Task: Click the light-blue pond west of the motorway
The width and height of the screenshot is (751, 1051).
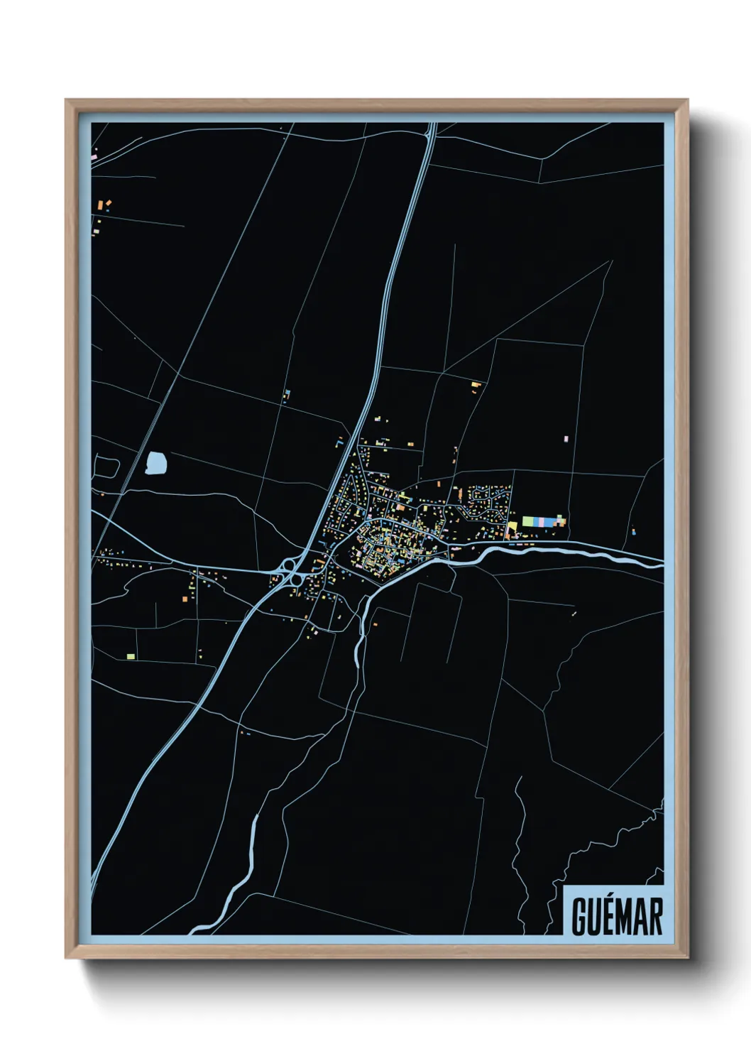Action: coord(156,464)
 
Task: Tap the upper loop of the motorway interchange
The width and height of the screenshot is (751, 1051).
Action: coord(289,566)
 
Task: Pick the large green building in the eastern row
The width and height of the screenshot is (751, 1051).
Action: coord(529,522)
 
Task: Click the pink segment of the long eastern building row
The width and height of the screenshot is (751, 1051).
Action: coord(542,522)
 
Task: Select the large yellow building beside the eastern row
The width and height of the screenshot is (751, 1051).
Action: coord(512,526)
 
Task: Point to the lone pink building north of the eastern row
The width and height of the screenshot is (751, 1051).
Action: coord(566,440)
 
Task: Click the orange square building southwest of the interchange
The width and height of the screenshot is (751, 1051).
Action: coord(185,600)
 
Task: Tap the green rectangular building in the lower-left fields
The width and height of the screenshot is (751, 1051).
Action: coord(131,656)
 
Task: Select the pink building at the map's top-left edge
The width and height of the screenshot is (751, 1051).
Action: coord(94,155)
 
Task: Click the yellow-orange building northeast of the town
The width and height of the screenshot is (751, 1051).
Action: coord(476,386)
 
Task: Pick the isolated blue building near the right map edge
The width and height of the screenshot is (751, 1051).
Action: coord(633,531)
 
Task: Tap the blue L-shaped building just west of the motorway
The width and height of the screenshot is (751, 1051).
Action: coord(339,444)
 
